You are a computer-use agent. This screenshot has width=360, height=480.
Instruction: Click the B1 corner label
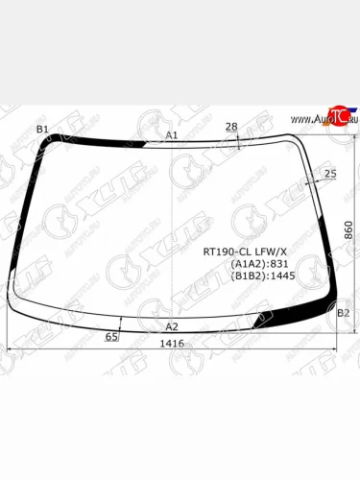pos(42,129)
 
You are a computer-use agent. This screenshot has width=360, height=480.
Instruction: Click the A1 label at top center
pos(172,135)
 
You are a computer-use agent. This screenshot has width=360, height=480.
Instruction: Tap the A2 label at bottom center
pos(172,326)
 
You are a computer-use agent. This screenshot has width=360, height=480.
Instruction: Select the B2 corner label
pos(344,313)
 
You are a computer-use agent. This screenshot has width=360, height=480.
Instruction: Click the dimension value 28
pos(231,127)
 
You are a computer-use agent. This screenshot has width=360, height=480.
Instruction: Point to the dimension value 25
pos(331,173)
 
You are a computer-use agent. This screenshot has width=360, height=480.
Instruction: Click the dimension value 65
pos(112,337)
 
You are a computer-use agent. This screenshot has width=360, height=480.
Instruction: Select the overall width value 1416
pos(172,343)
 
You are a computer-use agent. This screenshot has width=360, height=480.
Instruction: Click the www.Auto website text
pos(304,119)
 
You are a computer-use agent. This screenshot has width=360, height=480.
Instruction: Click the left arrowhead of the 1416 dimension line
pos(10,348)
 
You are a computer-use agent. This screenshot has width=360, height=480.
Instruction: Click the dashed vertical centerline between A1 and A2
pos(172,230)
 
